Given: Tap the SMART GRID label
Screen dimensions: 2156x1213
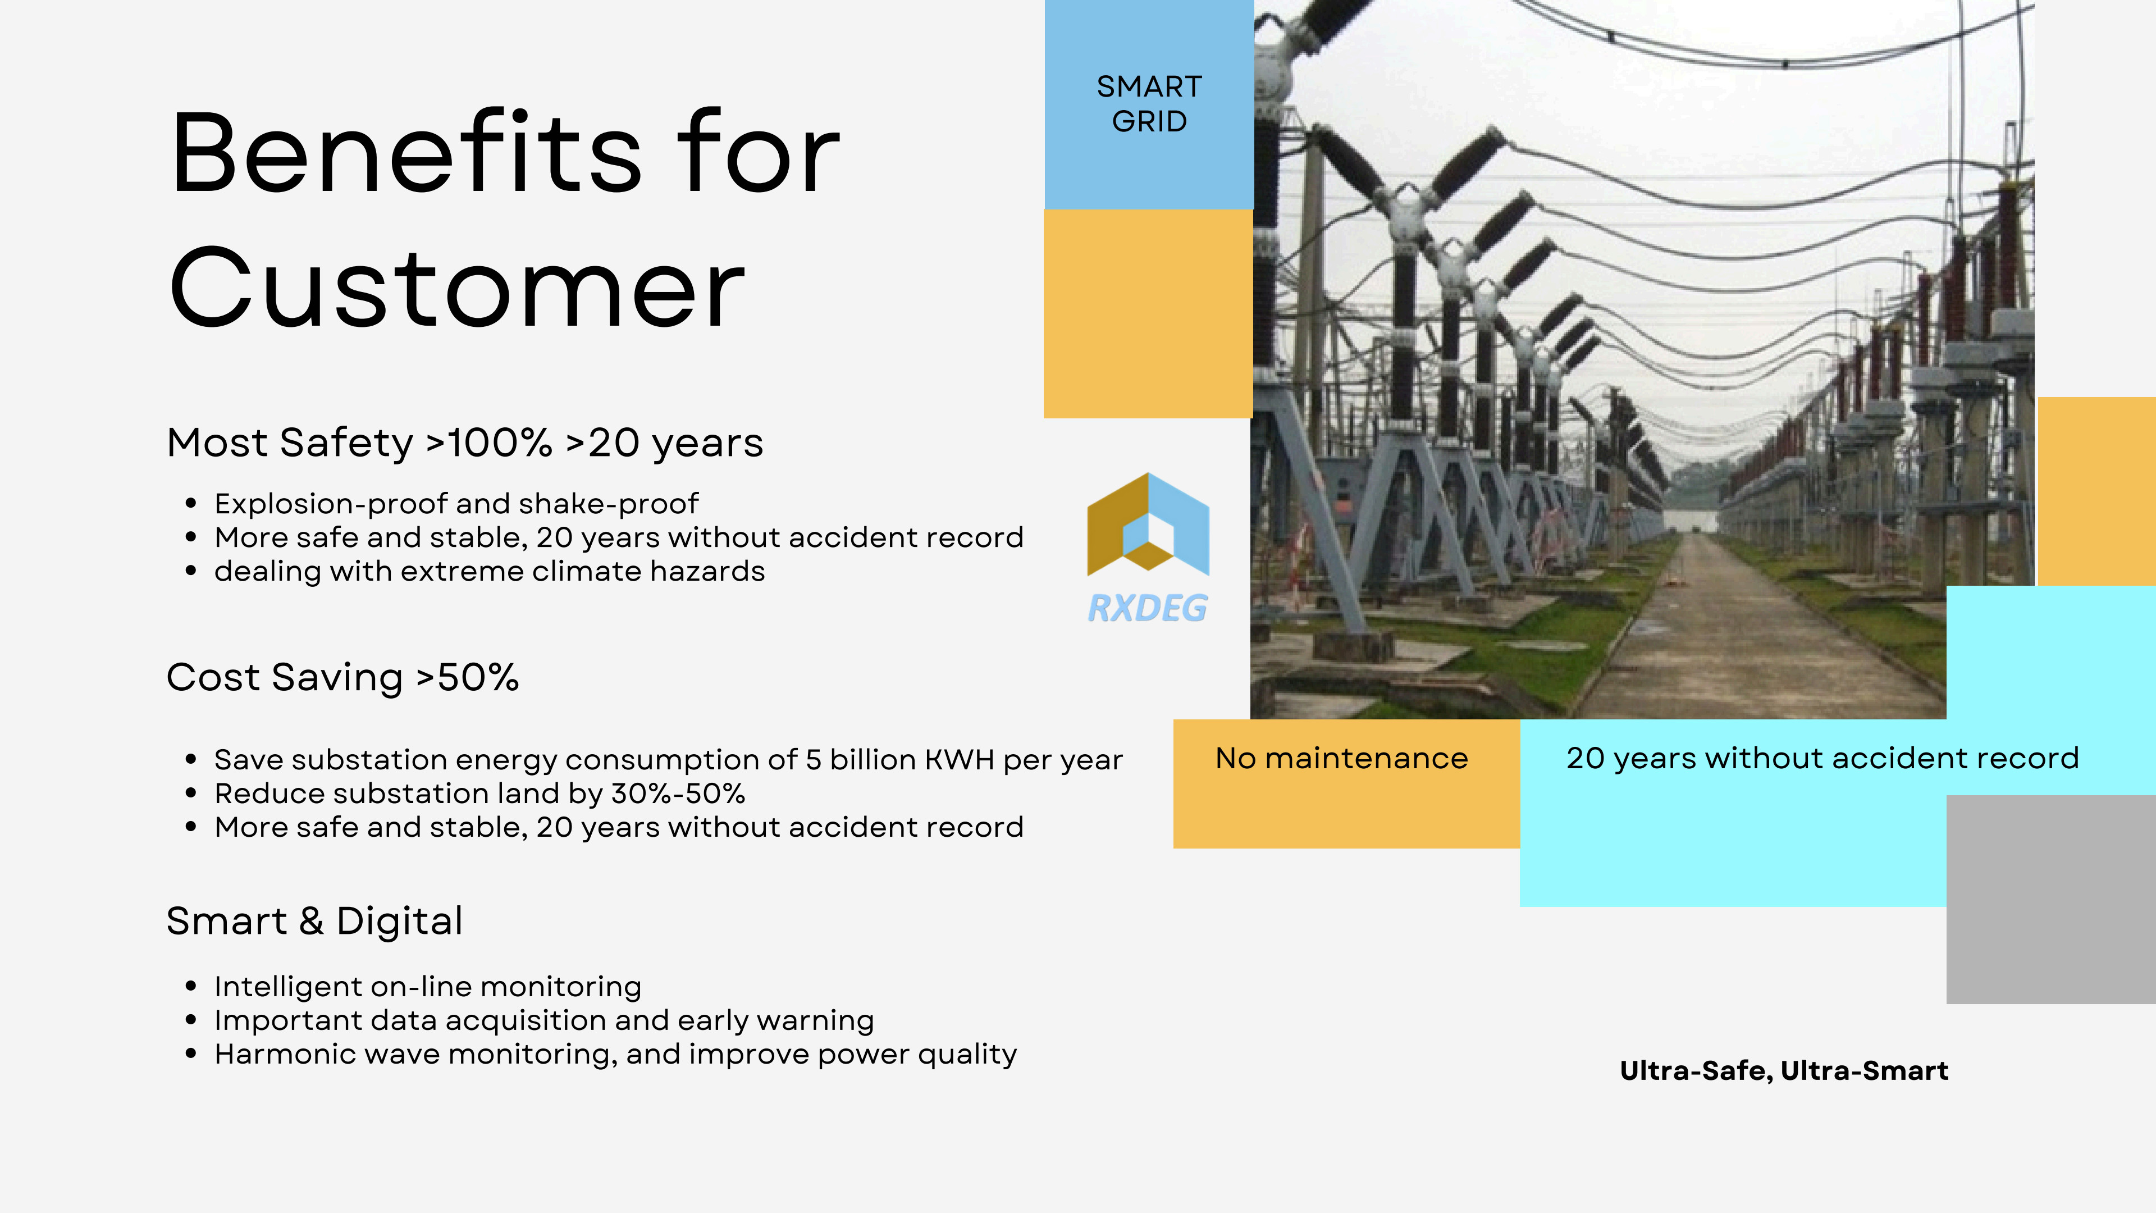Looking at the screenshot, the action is click(x=1149, y=104).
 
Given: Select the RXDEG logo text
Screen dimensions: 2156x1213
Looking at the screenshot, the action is click(x=1148, y=608).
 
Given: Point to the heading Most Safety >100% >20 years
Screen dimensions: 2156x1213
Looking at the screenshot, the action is click(x=464, y=443).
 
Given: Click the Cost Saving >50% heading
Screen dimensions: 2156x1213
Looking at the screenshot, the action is click(x=342, y=677).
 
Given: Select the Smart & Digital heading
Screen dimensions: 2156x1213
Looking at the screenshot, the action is click(x=314, y=921).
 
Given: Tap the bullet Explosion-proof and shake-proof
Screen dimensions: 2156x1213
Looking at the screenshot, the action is click(x=455, y=504).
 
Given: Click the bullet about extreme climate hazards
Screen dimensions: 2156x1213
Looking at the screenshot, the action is click(x=490, y=571).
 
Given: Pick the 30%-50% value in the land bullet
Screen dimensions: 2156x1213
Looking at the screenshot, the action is click(x=678, y=793).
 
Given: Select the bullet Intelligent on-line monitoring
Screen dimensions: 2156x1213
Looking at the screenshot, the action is click(x=428, y=987).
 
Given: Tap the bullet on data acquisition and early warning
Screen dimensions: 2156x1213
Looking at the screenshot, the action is click(x=544, y=1020).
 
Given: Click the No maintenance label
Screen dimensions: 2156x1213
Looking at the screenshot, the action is click(x=1342, y=759).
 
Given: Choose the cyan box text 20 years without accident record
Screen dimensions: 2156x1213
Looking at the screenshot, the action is click(x=1822, y=759).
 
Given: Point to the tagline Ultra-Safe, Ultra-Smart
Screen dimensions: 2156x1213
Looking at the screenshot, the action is click(x=1784, y=1071).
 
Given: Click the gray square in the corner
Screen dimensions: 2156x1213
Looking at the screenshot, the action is click(x=2050, y=899).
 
